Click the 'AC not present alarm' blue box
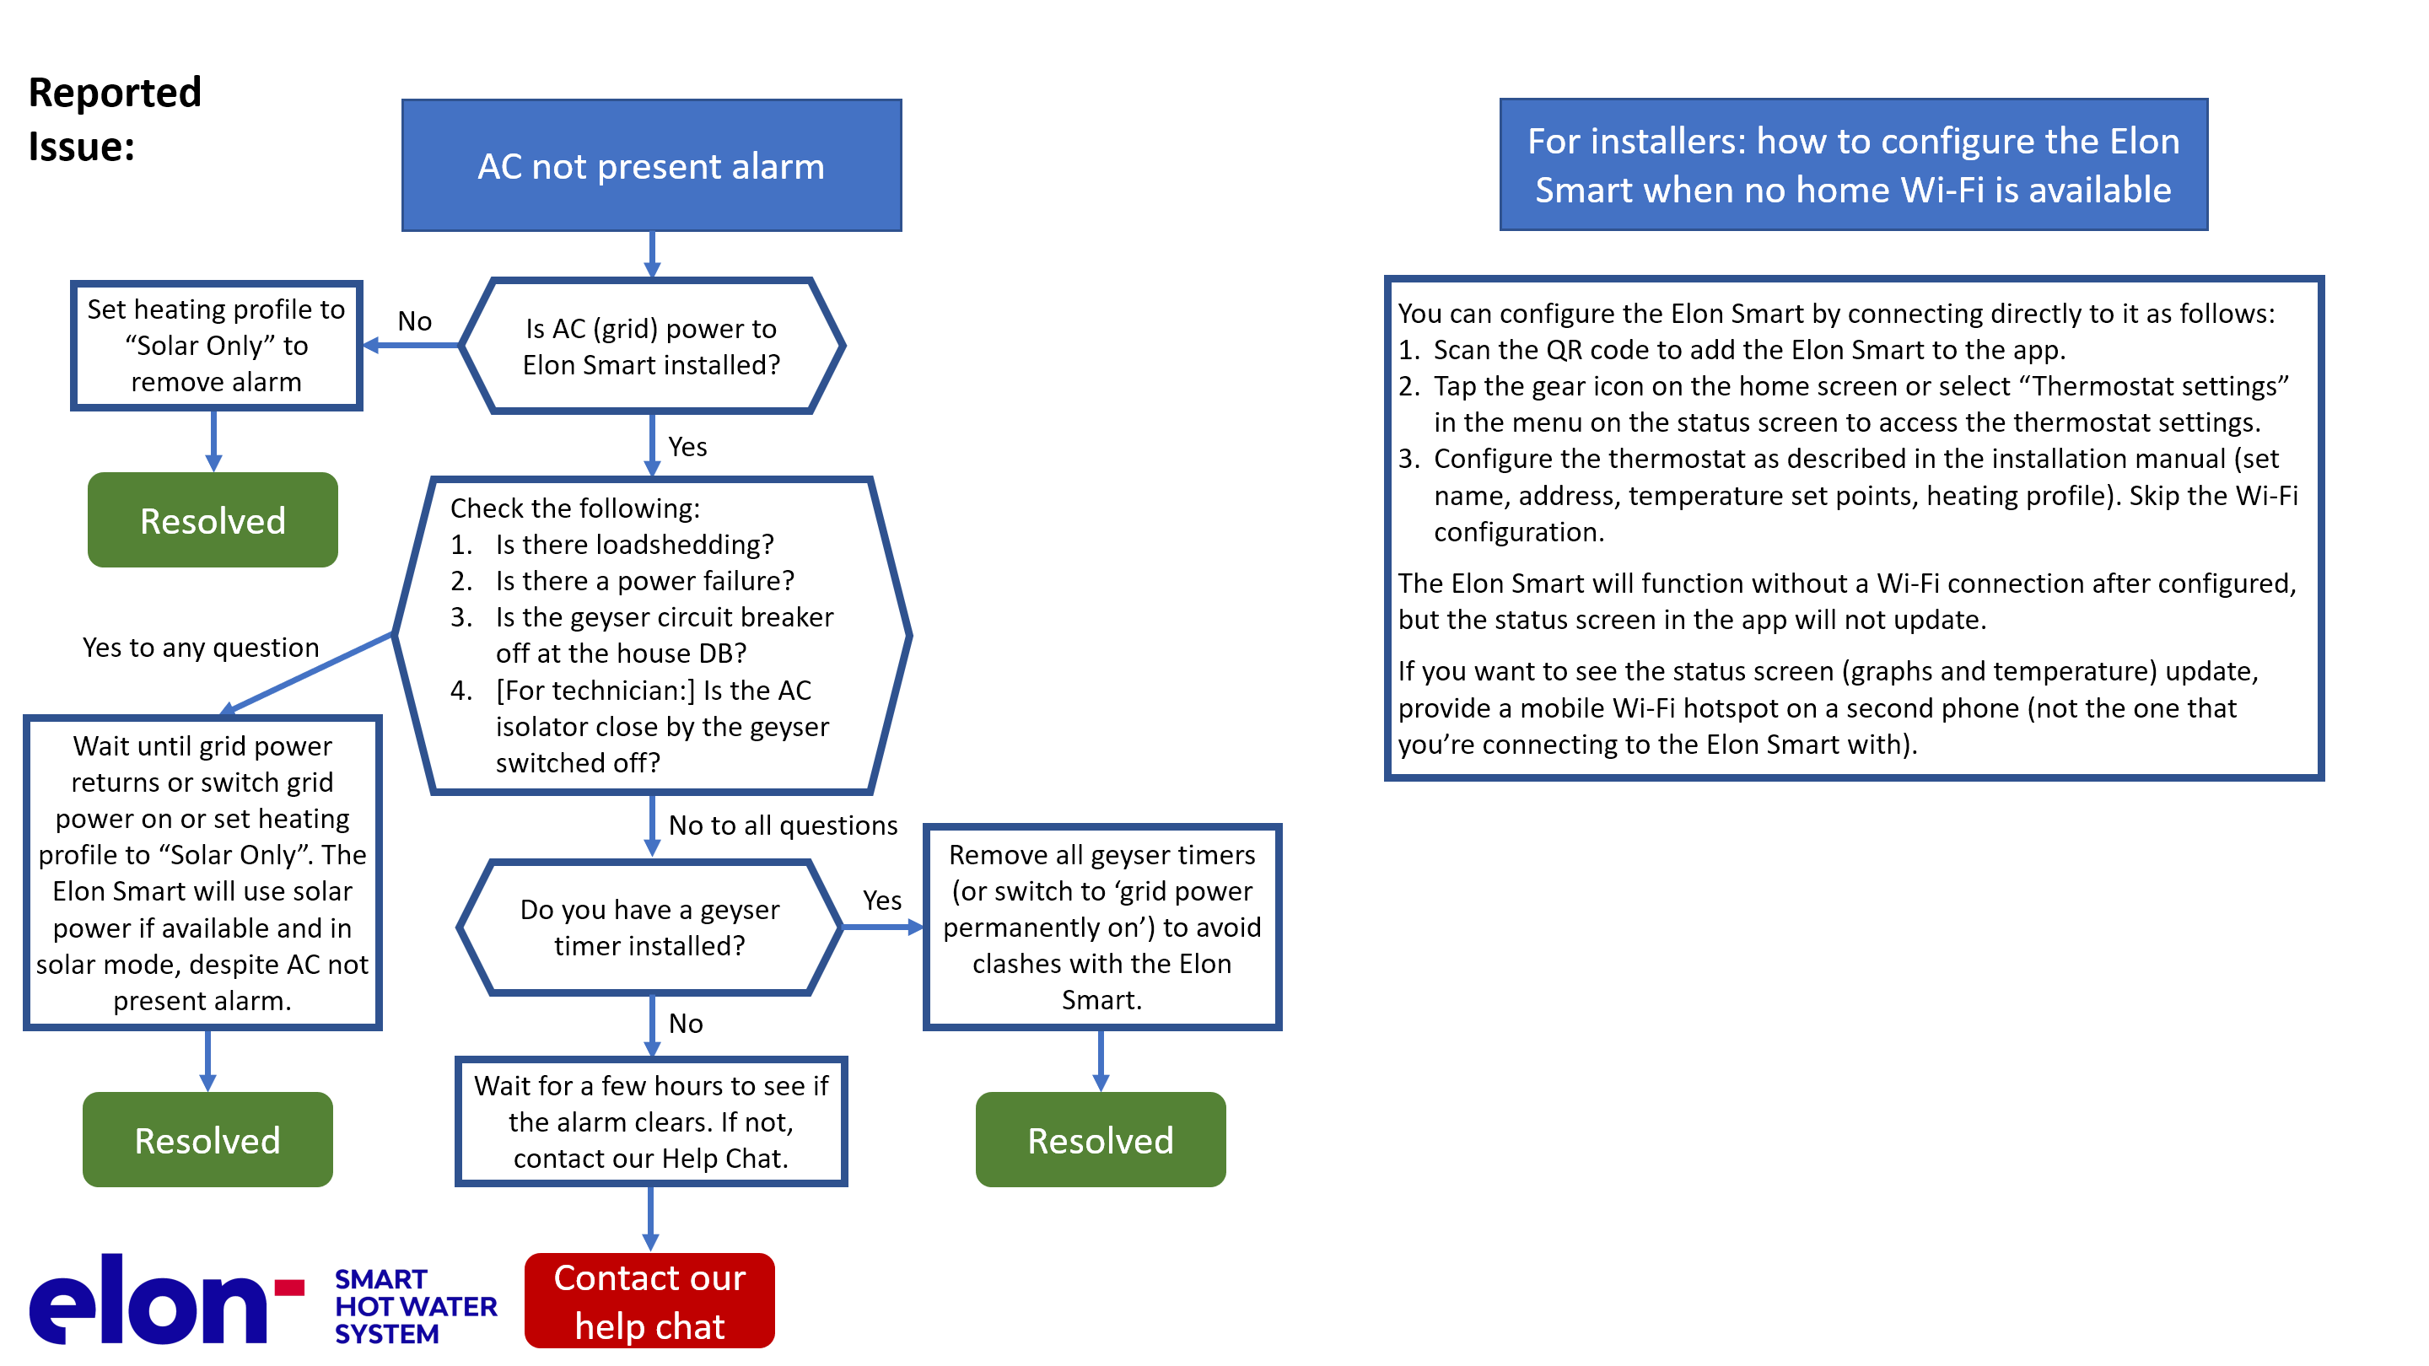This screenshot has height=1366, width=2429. click(x=652, y=165)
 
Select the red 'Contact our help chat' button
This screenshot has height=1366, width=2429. click(x=649, y=1300)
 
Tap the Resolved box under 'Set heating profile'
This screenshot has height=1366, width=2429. click(x=213, y=520)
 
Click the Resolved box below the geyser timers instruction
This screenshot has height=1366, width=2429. click(x=1101, y=1140)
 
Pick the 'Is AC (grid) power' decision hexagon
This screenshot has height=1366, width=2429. click(x=652, y=346)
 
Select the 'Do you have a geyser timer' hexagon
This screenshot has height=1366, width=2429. click(x=649, y=928)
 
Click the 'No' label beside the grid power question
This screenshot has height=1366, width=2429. click(x=415, y=321)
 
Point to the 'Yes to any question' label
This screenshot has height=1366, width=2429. click(x=201, y=648)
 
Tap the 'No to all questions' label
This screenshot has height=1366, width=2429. click(x=783, y=825)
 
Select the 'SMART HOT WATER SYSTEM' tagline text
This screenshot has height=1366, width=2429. click(x=416, y=1307)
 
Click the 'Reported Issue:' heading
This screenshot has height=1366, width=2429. click(x=115, y=119)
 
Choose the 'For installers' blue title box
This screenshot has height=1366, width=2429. click(x=1853, y=165)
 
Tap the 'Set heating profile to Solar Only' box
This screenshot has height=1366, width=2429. click(x=216, y=346)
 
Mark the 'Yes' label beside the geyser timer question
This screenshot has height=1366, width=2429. click(x=882, y=901)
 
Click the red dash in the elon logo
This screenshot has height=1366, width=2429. click(x=289, y=1288)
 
